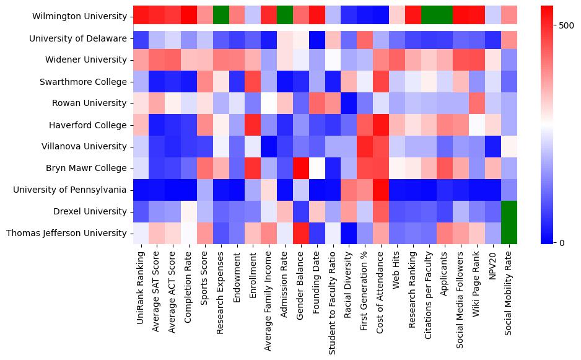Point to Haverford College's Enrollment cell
coord(253,125)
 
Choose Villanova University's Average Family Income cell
coord(269,146)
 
